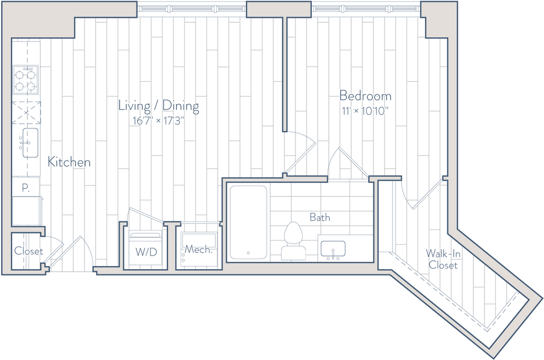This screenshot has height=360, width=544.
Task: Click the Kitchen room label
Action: point(69,162)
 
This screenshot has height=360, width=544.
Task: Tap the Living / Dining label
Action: point(158,106)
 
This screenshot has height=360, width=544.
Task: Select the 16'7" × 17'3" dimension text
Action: point(158,121)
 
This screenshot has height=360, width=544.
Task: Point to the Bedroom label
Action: point(365,96)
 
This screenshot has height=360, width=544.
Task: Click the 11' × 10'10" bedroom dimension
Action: point(364,112)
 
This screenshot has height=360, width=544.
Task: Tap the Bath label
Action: point(320,218)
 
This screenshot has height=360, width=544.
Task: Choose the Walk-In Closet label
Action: point(443,260)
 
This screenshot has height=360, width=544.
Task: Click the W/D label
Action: point(146,252)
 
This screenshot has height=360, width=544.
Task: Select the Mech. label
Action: point(199,249)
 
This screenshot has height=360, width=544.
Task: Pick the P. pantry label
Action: point(25,187)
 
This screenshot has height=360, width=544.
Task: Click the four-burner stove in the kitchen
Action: point(25,80)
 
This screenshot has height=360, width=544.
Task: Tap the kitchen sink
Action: point(30,142)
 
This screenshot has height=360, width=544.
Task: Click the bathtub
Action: point(249,222)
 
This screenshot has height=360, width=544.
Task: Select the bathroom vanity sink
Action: point(333,250)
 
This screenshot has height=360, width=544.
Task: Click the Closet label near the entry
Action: point(29,251)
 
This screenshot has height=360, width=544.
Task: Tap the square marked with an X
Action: point(26,113)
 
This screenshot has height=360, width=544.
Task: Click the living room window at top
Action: point(192,8)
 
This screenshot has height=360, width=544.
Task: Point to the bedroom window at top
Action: point(365,8)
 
